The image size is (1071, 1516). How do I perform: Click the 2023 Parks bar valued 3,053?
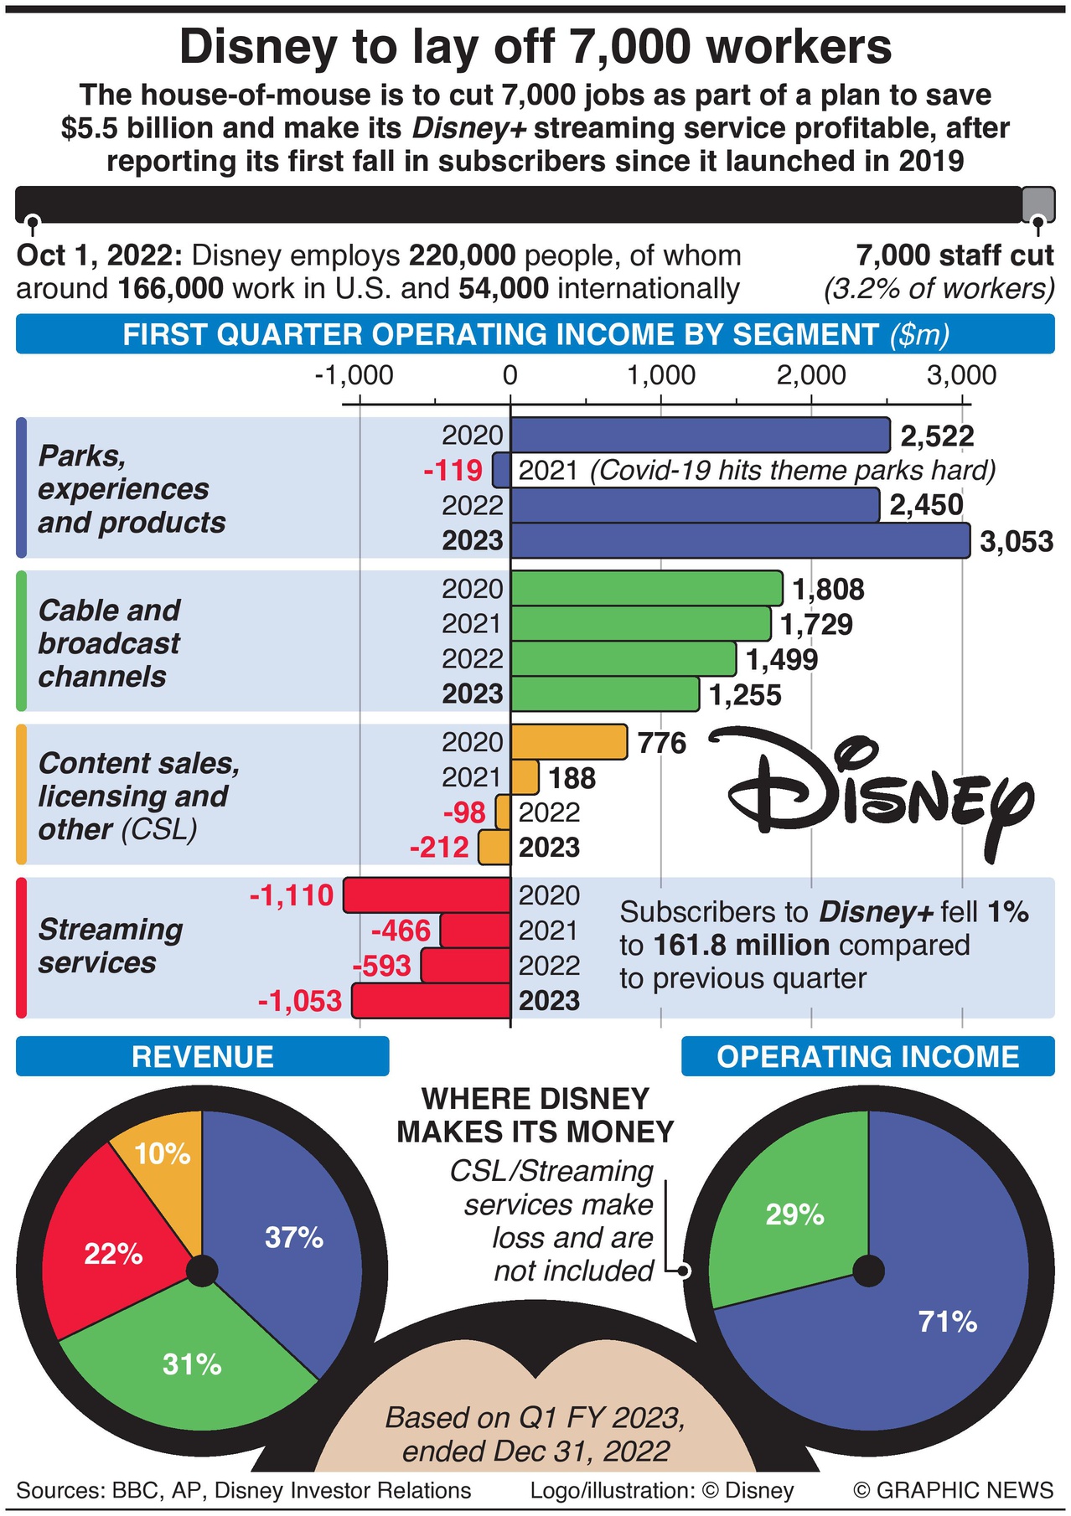point(740,540)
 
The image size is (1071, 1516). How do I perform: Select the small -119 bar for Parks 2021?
point(501,470)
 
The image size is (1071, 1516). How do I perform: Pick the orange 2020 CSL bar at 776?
point(568,742)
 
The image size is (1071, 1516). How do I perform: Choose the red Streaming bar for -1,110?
point(427,895)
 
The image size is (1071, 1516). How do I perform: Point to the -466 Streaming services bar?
point(475,931)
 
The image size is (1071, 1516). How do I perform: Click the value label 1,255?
point(745,695)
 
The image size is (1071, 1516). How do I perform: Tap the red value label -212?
point(439,848)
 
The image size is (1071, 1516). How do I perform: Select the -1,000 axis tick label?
point(354,375)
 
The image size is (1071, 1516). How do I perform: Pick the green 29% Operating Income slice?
point(788,1206)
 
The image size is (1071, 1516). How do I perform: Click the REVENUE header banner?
point(202,1056)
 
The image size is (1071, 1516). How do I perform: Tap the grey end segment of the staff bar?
point(1038,204)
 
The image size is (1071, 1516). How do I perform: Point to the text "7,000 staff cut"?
point(955,255)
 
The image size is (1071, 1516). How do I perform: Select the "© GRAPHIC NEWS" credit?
point(953,1490)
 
